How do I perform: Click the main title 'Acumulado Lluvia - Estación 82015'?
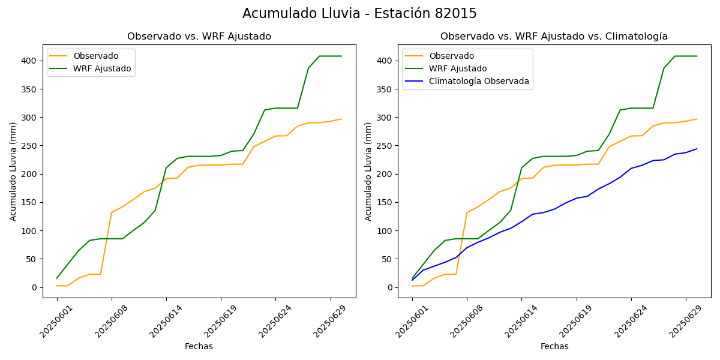click(359, 13)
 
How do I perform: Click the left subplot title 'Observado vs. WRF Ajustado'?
click(199, 37)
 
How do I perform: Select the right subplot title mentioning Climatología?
click(554, 37)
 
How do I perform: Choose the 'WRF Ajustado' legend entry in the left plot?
click(102, 68)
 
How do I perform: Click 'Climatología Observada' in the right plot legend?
click(479, 81)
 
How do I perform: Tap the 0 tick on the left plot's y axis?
click(34, 287)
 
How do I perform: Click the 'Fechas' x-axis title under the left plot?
click(199, 346)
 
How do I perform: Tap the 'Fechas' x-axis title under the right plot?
click(554, 346)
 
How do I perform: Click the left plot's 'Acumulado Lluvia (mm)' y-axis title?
click(13, 171)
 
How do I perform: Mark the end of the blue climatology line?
click(697, 149)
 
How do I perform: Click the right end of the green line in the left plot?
click(341, 56)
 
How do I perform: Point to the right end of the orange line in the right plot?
click(697, 119)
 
